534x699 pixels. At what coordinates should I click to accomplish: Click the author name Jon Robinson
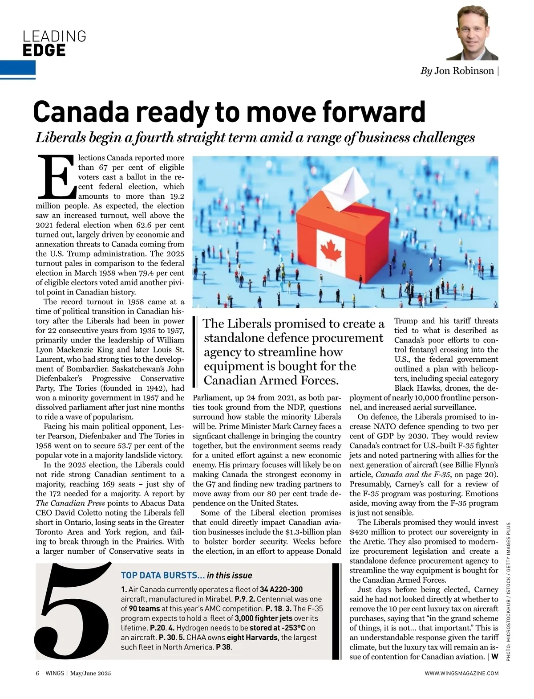[464, 71]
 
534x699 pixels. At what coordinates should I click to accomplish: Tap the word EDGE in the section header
[44, 50]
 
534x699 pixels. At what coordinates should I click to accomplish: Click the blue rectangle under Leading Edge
[18, 68]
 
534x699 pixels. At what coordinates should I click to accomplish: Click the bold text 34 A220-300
[281, 589]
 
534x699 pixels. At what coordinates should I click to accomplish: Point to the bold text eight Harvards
[252, 638]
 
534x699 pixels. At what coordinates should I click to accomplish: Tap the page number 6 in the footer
[37, 673]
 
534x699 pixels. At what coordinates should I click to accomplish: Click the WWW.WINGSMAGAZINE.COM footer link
[461, 673]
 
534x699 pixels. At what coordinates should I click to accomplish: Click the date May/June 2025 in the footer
[90, 673]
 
